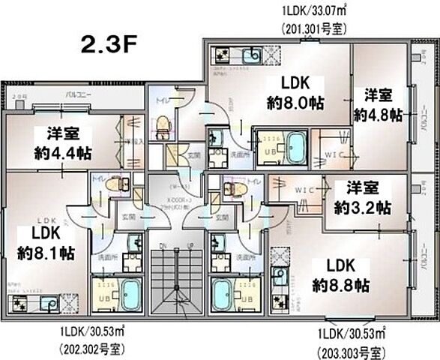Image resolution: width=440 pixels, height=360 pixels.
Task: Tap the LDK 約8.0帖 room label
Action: [x=295, y=94]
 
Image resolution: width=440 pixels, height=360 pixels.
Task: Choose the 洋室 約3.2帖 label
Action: [x=362, y=196]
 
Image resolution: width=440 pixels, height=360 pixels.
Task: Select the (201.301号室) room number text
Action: [x=313, y=29]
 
